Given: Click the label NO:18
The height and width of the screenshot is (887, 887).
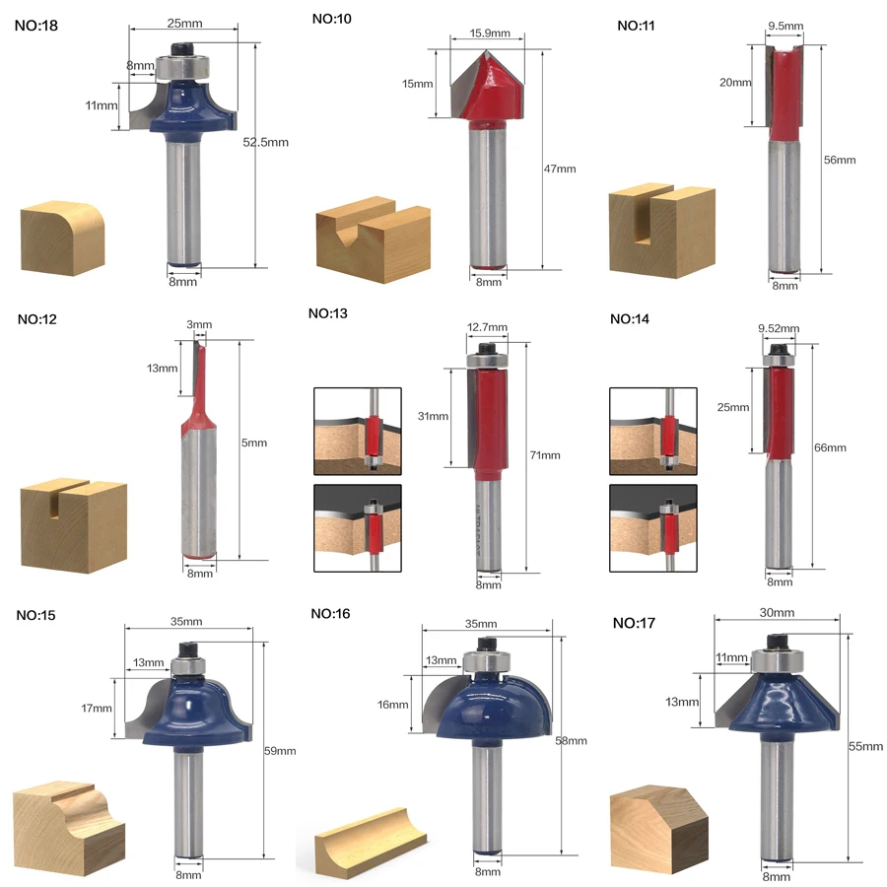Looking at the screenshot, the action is [36, 26].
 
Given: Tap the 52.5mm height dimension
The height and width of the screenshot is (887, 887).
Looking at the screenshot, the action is [265, 143].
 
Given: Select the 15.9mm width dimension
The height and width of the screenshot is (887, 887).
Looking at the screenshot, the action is [489, 34].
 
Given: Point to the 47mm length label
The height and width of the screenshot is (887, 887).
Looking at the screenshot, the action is [560, 169].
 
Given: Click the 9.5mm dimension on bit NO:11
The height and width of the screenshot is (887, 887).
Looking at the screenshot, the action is [785, 26].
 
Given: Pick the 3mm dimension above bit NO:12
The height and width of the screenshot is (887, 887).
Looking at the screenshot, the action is [199, 324].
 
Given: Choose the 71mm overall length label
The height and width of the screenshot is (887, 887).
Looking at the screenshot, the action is [545, 455].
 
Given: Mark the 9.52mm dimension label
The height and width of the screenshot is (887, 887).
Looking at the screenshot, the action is [779, 328].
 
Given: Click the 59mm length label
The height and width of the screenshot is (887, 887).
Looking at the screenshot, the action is [280, 751].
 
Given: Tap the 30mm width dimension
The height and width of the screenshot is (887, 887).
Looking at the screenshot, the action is [777, 613].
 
